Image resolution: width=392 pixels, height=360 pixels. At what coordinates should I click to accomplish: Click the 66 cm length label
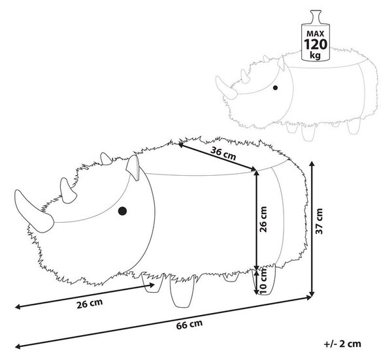tap(189, 324)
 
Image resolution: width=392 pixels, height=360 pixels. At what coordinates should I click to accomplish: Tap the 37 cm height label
tap(319, 221)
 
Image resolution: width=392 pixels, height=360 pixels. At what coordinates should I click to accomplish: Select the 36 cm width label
tap(223, 154)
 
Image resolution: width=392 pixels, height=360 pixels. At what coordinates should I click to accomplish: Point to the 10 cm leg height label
tap(263, 281)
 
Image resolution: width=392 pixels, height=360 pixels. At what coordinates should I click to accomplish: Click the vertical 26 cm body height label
tap(263, 220)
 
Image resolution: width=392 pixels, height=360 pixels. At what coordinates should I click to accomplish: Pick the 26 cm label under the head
tap(90, 303)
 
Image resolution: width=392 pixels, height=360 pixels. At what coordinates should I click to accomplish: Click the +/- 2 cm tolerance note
tap(342, 344)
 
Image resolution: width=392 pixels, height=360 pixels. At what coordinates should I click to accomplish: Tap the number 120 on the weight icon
tap(316, 44)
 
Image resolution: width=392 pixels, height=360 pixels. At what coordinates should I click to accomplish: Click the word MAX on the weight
tap(316, 33)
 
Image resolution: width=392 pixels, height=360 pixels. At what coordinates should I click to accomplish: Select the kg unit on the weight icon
tap(316, 55)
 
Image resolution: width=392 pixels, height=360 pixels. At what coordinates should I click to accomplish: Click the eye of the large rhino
tap(122, 211)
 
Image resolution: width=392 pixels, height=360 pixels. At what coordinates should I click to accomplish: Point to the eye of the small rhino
tap(275, 88)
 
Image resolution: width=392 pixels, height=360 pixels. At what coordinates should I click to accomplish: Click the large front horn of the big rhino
tap(33, 210)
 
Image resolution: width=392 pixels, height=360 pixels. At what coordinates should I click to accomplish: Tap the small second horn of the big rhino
tap(67, 191)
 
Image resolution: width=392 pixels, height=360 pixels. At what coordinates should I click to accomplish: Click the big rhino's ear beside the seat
tap(133, 167)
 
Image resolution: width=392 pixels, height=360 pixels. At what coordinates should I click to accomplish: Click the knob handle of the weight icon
tap(316, 17)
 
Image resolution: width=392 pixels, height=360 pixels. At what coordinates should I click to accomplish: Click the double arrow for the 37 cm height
tap(312, 229)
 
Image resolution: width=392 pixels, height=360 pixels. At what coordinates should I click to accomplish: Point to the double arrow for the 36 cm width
tap(218, 157)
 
